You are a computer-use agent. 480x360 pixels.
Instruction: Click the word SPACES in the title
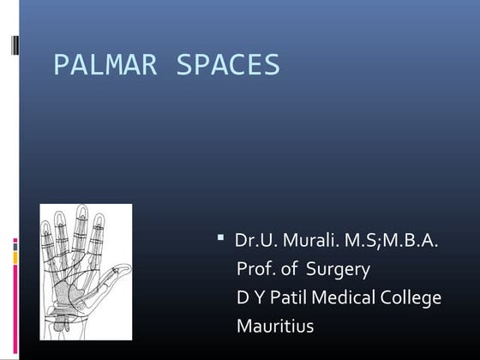point(228,66)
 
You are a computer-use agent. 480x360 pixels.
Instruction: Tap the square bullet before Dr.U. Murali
point(220,236)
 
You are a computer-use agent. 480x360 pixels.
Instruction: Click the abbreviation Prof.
point(255,270)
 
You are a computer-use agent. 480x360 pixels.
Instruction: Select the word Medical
point(345,298)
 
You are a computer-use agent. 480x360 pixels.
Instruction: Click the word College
point(413,298)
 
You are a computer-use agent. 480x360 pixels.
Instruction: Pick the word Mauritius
point(274,327)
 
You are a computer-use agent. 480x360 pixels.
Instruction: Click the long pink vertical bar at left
point(14,300)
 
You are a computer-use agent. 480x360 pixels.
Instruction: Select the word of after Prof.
point(290,270)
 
